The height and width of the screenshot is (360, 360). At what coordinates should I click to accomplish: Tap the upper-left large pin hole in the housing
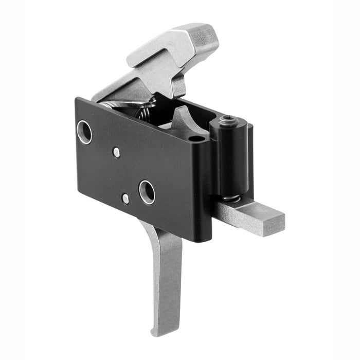tap(84, 132)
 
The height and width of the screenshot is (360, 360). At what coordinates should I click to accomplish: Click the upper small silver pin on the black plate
tap(117, 152)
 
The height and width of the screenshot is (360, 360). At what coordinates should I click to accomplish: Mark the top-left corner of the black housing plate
tap(77, 100)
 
